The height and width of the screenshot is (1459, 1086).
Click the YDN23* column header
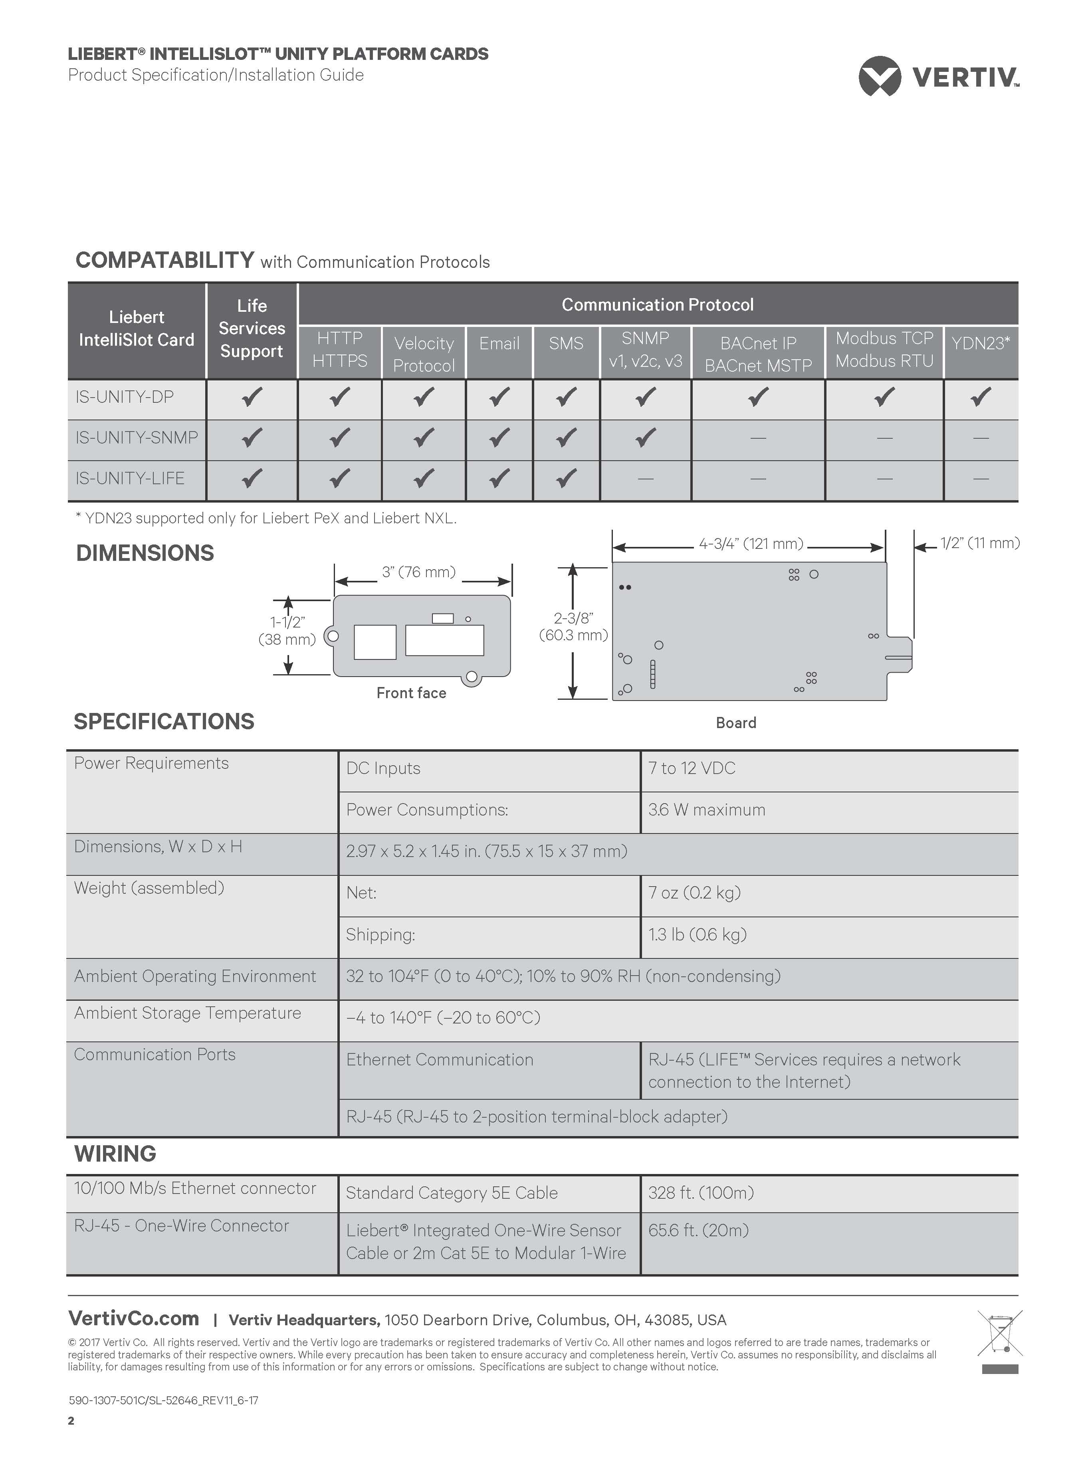click(x=980, y=343)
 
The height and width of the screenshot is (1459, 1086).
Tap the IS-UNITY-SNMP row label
click(x=137, y=438)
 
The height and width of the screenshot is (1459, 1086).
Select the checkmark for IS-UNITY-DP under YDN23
click(x=980, y=397)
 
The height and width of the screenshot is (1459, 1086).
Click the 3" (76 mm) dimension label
click(x=419, y=572)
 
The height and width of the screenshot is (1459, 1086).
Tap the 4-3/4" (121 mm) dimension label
click(x=751, y=544)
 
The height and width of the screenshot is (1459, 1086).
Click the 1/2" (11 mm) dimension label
click(x=979, y=543)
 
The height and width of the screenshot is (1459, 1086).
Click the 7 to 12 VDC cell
click(x=692, y=768)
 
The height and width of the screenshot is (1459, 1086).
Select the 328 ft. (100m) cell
click(x=701, y=1193)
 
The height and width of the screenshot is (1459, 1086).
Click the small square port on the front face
click(x=375, y=642)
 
